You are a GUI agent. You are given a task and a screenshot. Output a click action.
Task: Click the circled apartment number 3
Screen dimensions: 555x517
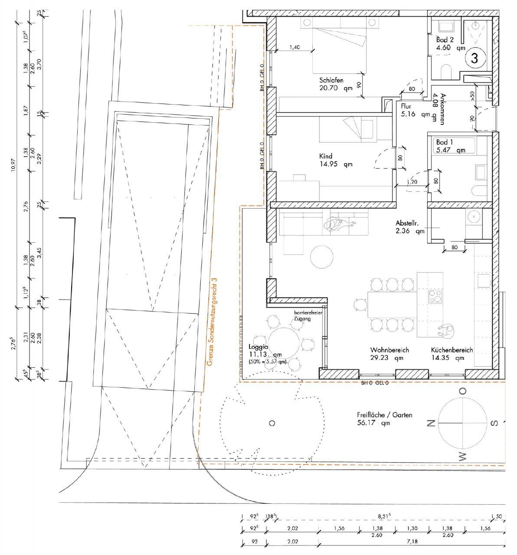click(x=474, y=58)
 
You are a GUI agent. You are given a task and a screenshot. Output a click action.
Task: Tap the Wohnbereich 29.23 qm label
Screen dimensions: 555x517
click(x=389, y=354)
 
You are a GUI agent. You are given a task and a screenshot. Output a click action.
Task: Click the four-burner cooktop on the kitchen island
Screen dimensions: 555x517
click(x=435, y=296)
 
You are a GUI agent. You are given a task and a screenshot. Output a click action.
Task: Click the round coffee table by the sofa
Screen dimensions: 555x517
click(x=322, y=257)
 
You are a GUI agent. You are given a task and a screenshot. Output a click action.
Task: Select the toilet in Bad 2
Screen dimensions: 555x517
click(x=446, y=71)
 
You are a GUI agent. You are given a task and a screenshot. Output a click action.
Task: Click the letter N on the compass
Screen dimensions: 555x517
click(x=431, y=423)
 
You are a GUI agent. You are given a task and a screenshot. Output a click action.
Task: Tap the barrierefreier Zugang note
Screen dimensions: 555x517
click(x=308, y=315)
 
